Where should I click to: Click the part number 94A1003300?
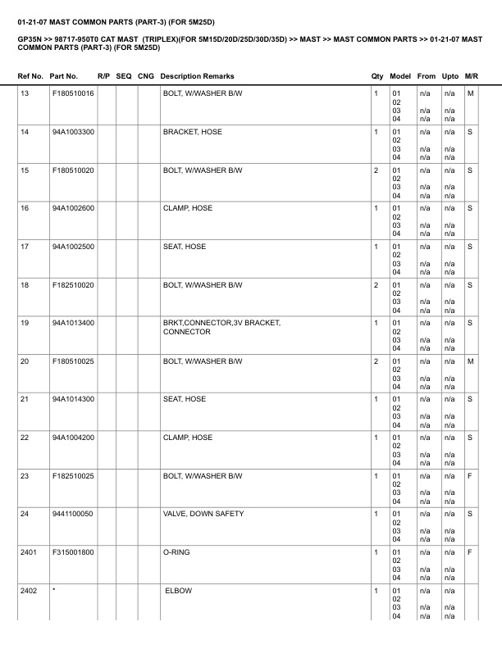(x=73, y=132)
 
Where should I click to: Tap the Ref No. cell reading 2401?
(x=28, y=552)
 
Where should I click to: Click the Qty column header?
(x=377, y=76)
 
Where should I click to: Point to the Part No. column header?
(x=64, y=76)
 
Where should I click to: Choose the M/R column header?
(x=472, y=76)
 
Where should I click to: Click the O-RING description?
(x=176, y=552)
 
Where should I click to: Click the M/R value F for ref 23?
(x=470, y=476)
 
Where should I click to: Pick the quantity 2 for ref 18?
(x=376, y=285)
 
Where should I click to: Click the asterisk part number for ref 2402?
(x=53, y=591)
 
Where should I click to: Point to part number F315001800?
(x=73, y=552)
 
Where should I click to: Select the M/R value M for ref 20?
(x=471, y=361)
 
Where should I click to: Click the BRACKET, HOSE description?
(x=193, y=132)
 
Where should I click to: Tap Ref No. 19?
(x=25, y=323)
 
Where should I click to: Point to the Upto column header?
(x=450, y=76)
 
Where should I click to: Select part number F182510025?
(x=73, y=476)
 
